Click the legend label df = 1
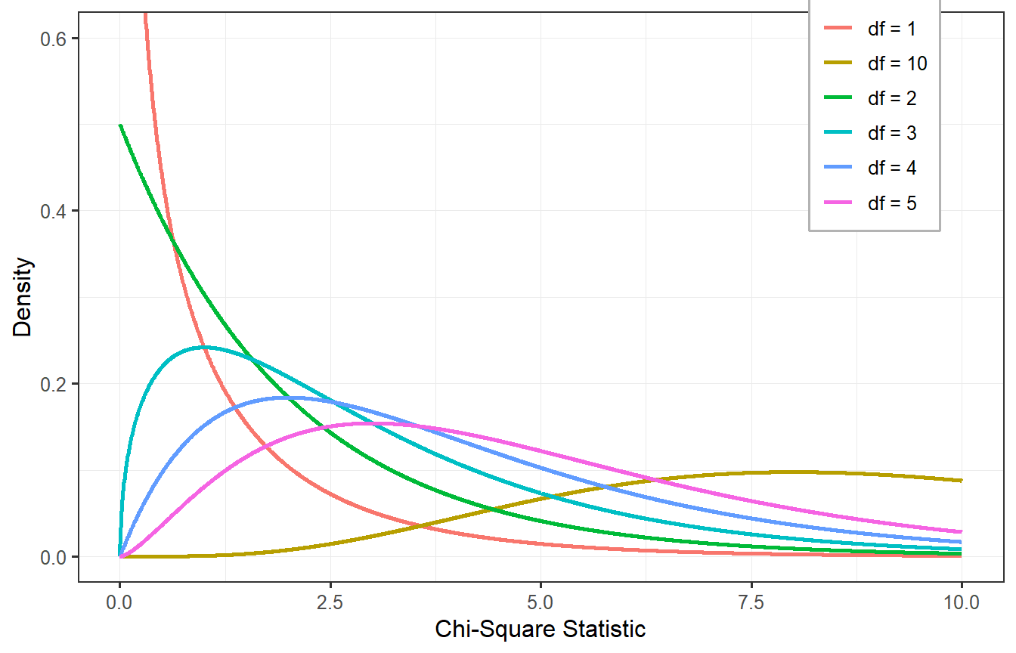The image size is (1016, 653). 893,29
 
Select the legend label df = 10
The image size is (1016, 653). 897,63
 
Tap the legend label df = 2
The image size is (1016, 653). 893,98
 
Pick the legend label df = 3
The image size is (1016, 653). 893,133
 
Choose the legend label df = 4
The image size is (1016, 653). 893,168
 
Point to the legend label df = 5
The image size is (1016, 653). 893,203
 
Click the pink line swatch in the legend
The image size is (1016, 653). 837,203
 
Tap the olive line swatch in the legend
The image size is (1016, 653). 837,63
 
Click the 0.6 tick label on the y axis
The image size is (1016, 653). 55,38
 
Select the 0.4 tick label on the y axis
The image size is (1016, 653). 55,211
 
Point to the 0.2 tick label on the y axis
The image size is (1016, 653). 55,384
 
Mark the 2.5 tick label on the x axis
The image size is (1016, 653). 330,602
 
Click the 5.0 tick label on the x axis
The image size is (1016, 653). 541,602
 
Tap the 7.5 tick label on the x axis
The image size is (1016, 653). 751,602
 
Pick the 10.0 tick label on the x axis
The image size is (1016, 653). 962,602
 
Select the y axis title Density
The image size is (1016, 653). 23,297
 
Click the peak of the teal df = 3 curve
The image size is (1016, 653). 203,347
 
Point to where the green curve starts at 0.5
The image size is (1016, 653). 120,125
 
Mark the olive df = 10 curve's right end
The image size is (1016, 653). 962,480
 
